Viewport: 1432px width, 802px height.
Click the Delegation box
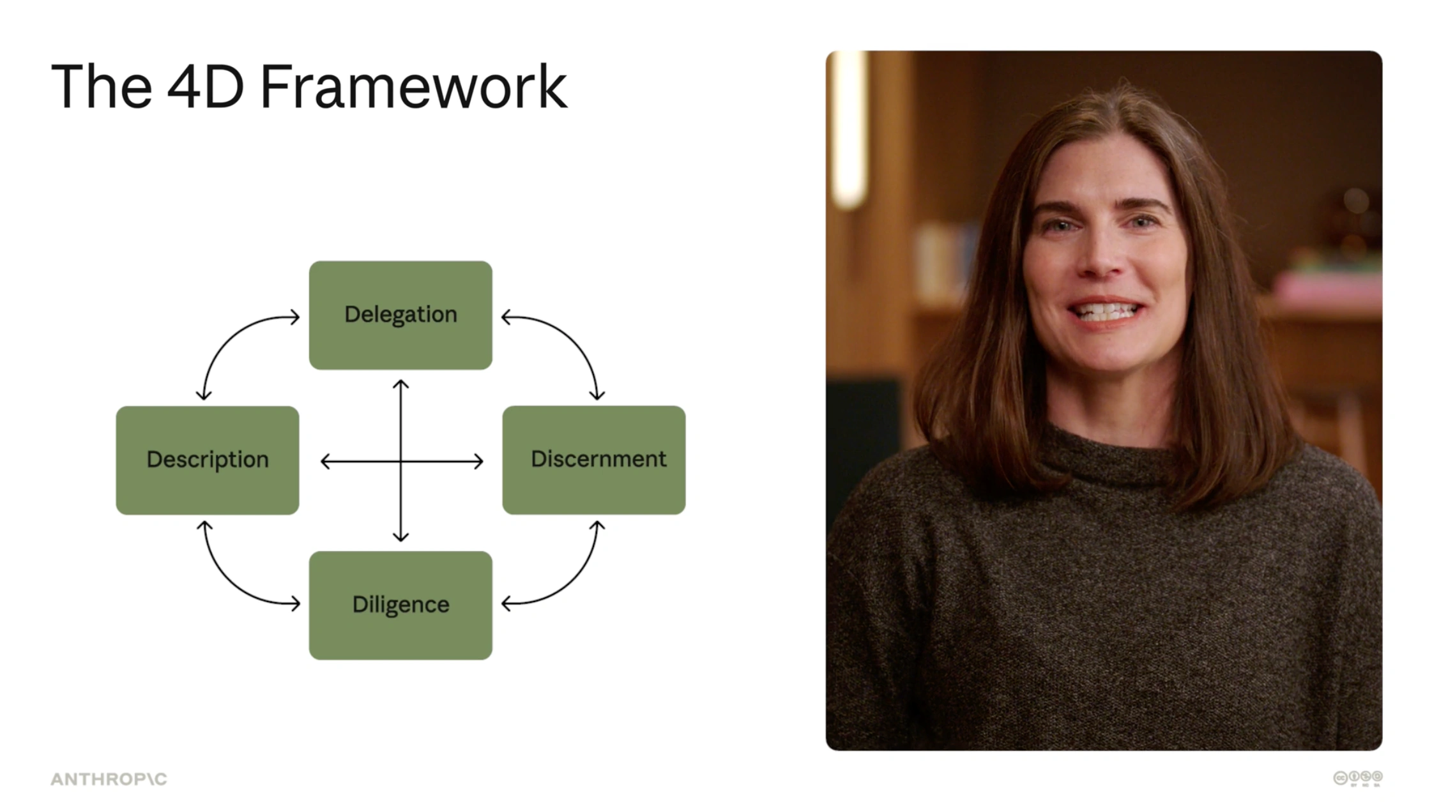pos(400,315)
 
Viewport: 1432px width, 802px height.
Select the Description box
pos(208,460)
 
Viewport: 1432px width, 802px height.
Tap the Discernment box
pos(594,460)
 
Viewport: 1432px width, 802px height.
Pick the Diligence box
pos(400,605)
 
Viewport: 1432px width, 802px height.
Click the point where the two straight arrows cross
pos(400,461)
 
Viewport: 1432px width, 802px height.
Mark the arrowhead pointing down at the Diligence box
pos(400,537)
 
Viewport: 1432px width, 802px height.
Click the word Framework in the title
pos(413,86)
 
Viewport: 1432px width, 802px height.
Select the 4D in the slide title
pos(206,86)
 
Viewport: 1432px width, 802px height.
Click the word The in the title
pos(101,86)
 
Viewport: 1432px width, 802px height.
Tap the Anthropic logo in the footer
pos(109,779)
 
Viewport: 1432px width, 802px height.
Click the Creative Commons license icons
pos(1358,778)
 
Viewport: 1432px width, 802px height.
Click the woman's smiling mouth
pos(1106,312)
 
